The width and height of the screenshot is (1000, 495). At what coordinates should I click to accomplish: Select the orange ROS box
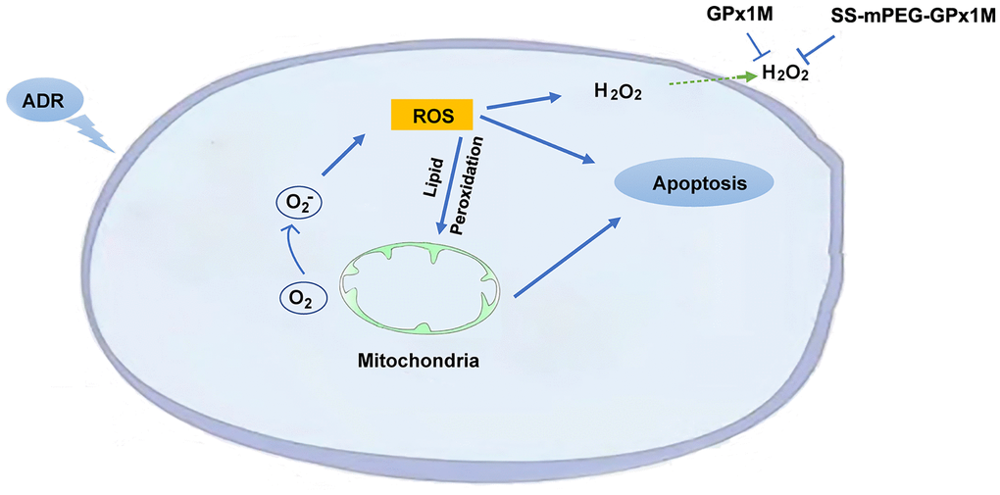click(431, 115)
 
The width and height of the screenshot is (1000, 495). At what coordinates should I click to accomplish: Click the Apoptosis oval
click(693, 183)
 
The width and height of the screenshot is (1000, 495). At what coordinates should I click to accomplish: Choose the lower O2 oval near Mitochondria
click(296, 295)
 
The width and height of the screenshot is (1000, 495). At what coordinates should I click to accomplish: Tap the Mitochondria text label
click(418, 361)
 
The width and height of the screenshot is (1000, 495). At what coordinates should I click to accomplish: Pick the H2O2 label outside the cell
click(784, 74)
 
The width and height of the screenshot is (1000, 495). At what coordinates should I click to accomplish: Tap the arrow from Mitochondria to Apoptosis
click(567, 258)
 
